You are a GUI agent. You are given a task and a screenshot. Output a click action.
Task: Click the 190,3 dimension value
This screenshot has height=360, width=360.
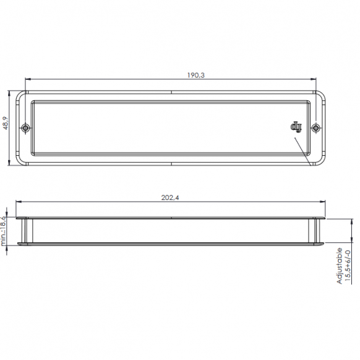[196, 75]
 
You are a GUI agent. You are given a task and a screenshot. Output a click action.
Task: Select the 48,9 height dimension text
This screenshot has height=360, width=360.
[6, 123]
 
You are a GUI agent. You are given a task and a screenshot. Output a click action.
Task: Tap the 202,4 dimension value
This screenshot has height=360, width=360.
[170, 197]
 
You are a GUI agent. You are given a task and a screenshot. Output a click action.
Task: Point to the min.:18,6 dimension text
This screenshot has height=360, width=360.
[3, 231]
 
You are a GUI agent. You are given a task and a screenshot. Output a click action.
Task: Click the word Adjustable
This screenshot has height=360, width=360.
[340, 266]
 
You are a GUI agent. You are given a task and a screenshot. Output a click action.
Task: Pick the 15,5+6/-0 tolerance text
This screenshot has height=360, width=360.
[348, 265]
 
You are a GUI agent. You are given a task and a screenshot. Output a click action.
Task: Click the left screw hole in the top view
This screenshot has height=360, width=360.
[25, 127]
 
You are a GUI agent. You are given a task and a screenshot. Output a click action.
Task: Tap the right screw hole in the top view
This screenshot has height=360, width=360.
[316, 127]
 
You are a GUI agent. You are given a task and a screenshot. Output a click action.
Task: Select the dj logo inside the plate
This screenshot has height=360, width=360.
[296, 127]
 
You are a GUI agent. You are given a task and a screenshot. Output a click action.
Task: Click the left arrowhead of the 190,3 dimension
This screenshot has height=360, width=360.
[28, 79]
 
